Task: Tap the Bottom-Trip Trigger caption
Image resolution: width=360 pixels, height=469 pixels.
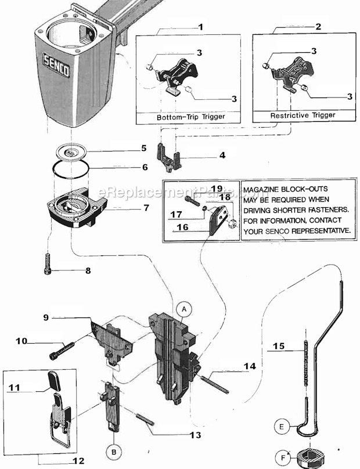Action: click(190, 117)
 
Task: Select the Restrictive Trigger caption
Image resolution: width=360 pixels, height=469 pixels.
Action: click(303, 115)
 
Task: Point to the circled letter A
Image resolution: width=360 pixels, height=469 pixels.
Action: click(183, 310)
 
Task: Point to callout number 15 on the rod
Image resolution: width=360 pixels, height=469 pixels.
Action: click(279, 347)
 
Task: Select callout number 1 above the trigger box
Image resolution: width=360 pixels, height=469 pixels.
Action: click(200, 27)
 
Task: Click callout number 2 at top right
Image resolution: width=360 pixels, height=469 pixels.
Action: click(318, 27)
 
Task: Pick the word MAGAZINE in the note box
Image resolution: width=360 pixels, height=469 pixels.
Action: click(264, 189)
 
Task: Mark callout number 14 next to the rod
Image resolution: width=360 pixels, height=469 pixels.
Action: click(250, 366)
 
